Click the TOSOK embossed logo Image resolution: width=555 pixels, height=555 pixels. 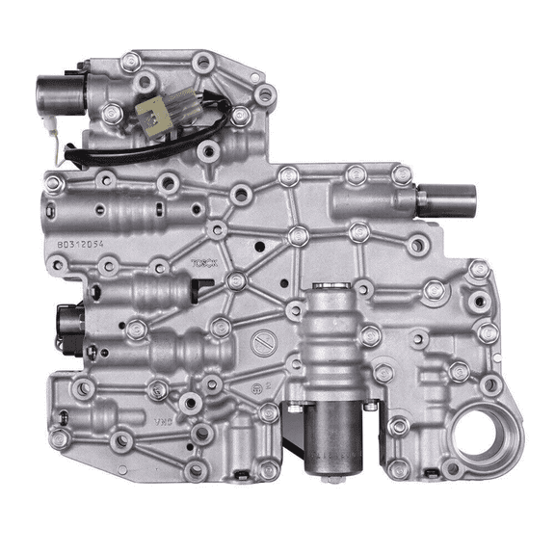coord(204,261)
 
